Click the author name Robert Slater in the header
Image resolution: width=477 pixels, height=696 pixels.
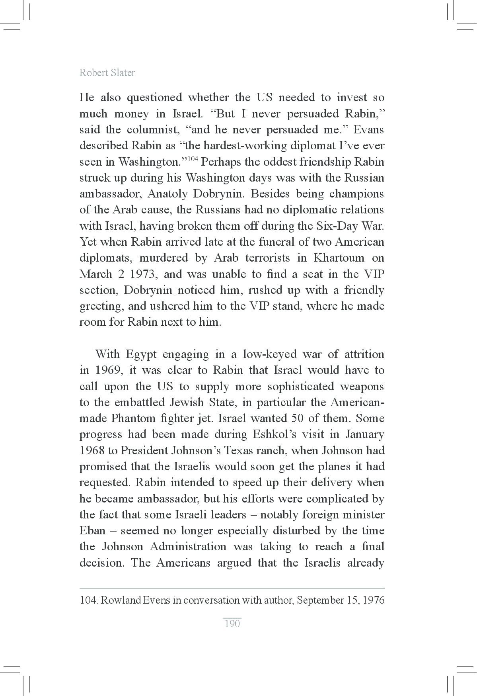[x=107, y=73]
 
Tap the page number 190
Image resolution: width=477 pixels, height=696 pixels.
[x=232, y=624]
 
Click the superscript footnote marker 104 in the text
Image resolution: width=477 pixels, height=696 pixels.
[x=193, y=159]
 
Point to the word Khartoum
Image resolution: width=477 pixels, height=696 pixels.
[x=339, y=258]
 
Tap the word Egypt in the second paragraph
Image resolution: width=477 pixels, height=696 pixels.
[x=141, y=354]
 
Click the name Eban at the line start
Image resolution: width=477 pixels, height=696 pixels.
[x=92, y=531]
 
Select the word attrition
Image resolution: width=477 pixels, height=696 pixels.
[x=364, y=354]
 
